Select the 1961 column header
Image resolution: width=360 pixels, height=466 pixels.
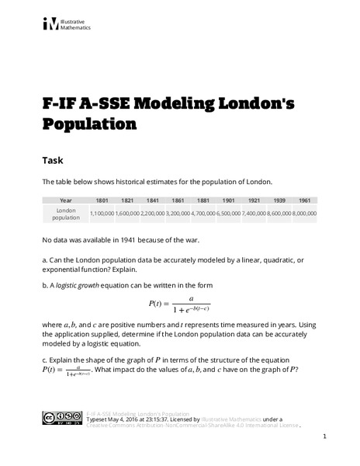[x=304, y=200]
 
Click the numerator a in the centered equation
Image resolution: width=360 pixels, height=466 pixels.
[x=191, y=297]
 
